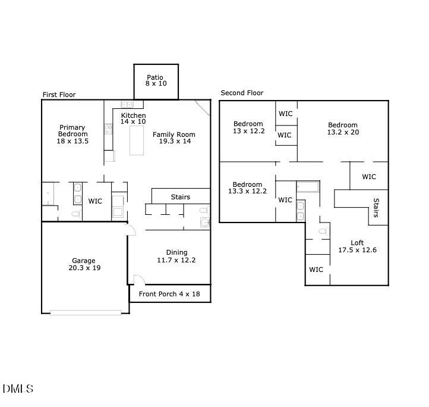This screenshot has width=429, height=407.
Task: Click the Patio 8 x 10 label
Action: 156,80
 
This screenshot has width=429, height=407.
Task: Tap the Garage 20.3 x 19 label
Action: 84,265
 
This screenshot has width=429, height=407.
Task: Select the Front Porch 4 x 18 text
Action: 169,294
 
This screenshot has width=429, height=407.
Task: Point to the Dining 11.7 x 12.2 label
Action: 176,256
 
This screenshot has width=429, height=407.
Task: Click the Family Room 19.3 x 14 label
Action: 174,138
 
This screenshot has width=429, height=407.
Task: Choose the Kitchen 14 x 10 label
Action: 133,118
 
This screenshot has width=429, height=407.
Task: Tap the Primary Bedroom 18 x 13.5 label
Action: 72,134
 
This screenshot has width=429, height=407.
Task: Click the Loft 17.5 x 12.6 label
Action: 357,246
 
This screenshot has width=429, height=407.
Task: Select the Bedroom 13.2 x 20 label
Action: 343,129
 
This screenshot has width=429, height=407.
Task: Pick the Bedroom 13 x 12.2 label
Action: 248,127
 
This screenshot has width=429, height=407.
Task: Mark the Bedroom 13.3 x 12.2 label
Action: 247,188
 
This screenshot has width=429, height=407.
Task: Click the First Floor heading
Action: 59,95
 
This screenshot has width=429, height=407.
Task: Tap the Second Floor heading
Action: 242,93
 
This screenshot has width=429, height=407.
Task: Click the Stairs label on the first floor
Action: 181,197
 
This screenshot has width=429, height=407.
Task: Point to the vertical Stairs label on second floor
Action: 376,208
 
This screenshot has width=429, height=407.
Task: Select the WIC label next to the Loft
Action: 316,270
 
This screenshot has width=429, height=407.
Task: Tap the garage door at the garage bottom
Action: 85,312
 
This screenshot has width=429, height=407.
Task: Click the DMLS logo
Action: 18,389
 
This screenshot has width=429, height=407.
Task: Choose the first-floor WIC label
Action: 95,201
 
